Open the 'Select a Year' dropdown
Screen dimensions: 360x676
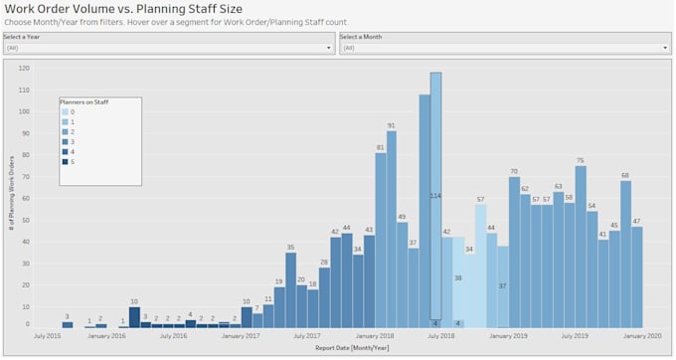(168, 47)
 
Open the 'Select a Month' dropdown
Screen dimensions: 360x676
(505, 47)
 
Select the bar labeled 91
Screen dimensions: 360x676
(392, 229)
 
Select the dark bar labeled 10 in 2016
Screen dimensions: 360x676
(134, 317)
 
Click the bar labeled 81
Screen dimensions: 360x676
(380, 240)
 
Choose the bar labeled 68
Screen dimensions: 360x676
(625, 254)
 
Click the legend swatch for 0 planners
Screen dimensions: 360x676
(63, 112)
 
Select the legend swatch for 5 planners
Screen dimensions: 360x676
(63, 161)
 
